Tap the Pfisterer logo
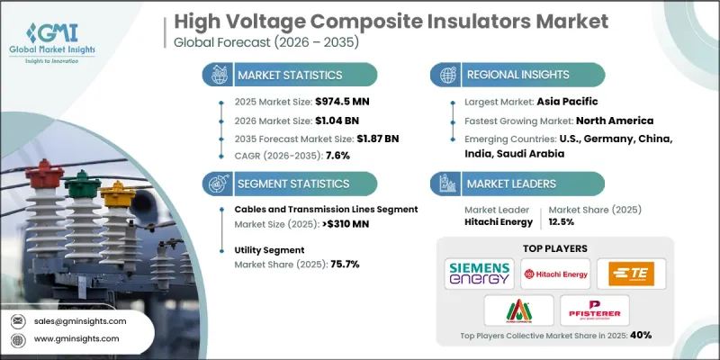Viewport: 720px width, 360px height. tap(594, 309)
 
